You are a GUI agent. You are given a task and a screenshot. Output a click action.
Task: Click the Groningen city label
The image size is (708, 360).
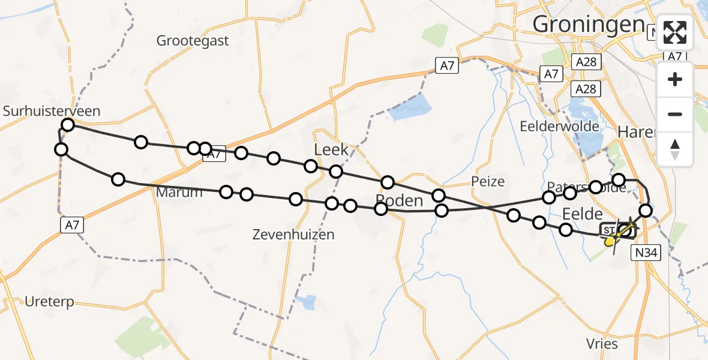pos(588,24)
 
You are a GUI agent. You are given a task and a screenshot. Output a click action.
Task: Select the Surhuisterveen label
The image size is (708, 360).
pos(52,111)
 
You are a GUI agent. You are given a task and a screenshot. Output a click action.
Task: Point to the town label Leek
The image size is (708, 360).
pos(331,149)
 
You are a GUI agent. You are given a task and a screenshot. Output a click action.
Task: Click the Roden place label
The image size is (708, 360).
pos(400,200)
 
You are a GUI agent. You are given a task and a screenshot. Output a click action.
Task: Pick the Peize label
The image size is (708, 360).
pos(488,181)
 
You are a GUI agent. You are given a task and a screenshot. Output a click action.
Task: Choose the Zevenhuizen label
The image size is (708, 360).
pos(293,235)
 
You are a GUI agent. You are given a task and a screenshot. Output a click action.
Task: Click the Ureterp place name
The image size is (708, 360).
pos(49,302)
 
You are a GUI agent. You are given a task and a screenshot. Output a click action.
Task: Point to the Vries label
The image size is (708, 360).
pos(601,343)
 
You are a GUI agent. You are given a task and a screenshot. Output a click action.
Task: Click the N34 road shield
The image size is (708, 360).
pos(646,253)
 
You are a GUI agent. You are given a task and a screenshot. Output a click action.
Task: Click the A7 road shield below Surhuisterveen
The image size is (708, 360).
pos(71,225)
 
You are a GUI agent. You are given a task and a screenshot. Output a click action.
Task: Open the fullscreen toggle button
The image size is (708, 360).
pos(675,32)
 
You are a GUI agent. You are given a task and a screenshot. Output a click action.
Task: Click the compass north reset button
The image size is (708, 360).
pos(675,149)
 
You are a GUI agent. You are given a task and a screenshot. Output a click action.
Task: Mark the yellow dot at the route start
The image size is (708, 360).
pos(610,241)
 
